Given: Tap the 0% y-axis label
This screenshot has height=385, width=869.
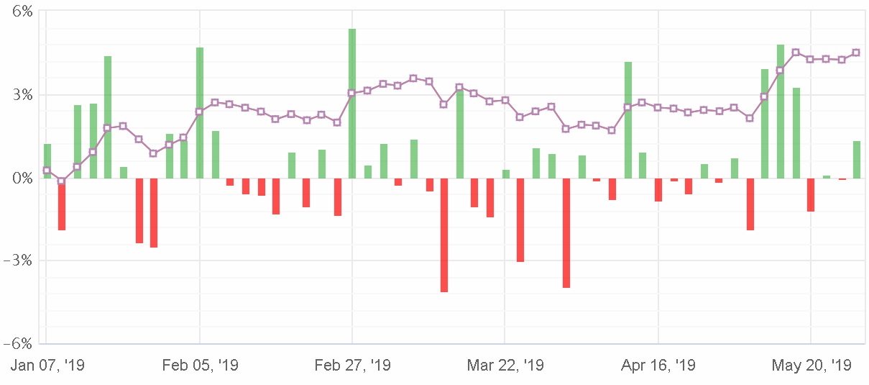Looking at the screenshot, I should (x=23, y=178).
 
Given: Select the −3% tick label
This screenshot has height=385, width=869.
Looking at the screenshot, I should (x=19, y=261).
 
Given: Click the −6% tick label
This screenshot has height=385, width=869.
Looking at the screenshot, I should (x=19, y=343).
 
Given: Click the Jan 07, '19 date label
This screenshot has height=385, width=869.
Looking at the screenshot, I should (x=47, y=366).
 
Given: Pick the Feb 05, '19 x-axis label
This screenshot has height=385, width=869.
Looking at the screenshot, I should (x=200, y=366).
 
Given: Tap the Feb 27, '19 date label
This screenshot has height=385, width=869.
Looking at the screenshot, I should (x=352, y=366).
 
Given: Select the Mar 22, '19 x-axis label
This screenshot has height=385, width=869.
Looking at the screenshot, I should (x=505, y=366).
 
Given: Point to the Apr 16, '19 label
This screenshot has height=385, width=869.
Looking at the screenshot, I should (x=658, y=366).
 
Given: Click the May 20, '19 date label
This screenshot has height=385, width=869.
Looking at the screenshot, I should (x=811, y=366).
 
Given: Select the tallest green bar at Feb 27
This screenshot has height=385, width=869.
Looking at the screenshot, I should (x=352, y=103).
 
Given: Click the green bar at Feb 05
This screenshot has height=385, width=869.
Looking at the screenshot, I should (x=200, y=112).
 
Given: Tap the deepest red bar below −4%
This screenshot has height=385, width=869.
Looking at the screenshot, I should (x=444, y=235).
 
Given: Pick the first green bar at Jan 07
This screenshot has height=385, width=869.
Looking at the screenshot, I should (x=47, y=160).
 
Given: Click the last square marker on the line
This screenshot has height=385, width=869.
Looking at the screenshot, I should (x=856, y=53).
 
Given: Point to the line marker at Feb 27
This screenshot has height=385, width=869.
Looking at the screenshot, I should (x=352, y=93).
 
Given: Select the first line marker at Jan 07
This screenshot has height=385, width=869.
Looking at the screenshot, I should (x=47, y=171).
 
